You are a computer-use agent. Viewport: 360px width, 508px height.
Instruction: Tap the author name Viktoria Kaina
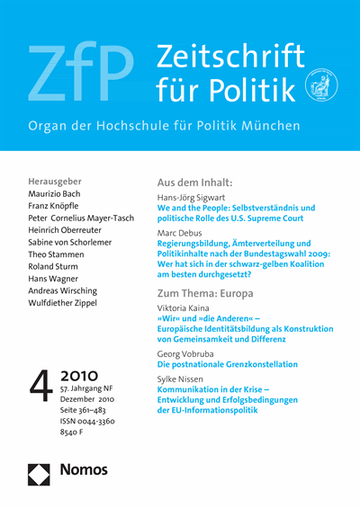(189, 307)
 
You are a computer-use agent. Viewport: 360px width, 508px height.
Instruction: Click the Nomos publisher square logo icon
(40, 469)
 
